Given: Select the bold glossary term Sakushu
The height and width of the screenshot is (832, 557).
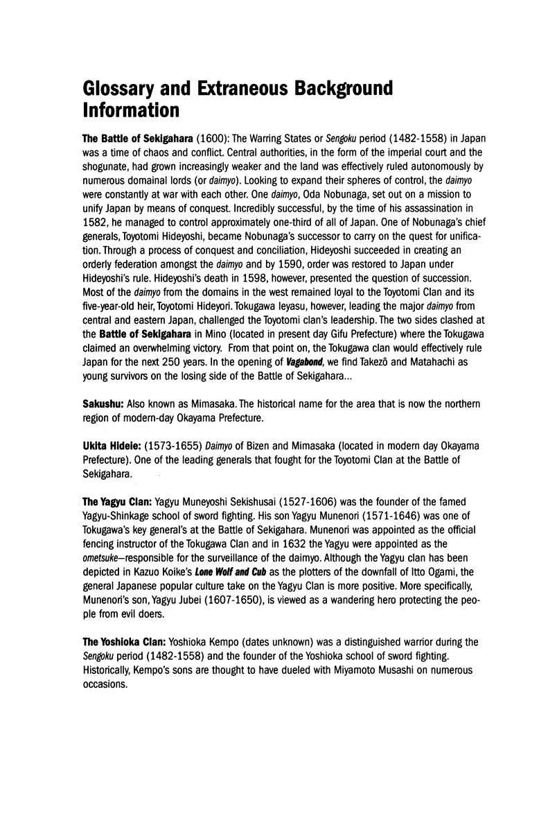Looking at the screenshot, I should click(x=103, y=404).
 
